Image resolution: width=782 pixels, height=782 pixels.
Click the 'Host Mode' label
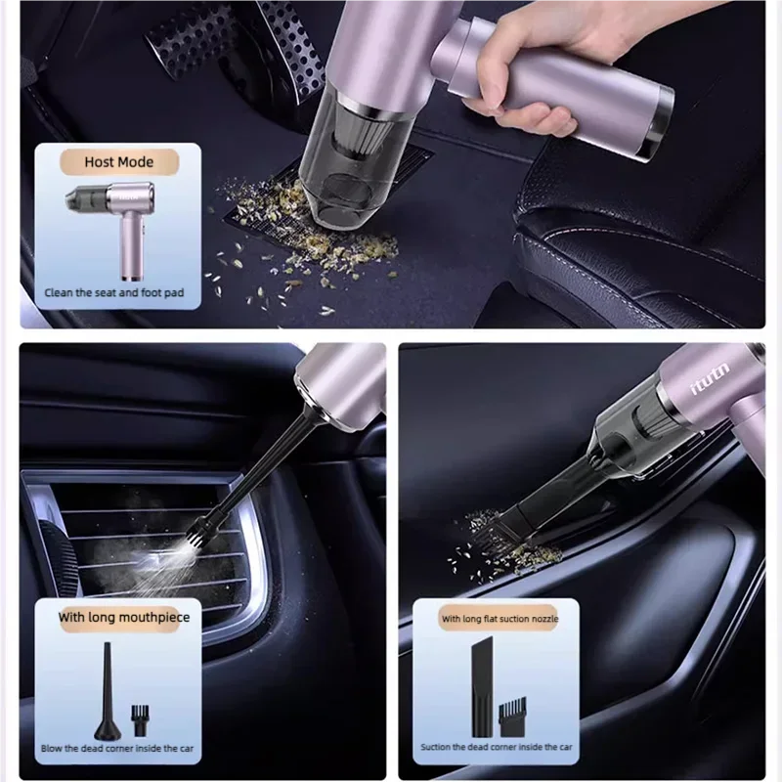[x=120, y=161]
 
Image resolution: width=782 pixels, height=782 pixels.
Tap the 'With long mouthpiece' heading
[x=124, y=617]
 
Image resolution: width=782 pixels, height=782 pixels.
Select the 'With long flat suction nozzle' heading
[x=499, y=619]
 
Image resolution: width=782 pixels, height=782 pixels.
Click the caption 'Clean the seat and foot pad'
[x=114, y=292]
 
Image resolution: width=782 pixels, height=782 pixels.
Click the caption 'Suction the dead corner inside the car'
[x=497, y=748]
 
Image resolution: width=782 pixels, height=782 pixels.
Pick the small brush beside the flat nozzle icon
[x=509, y=718]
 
